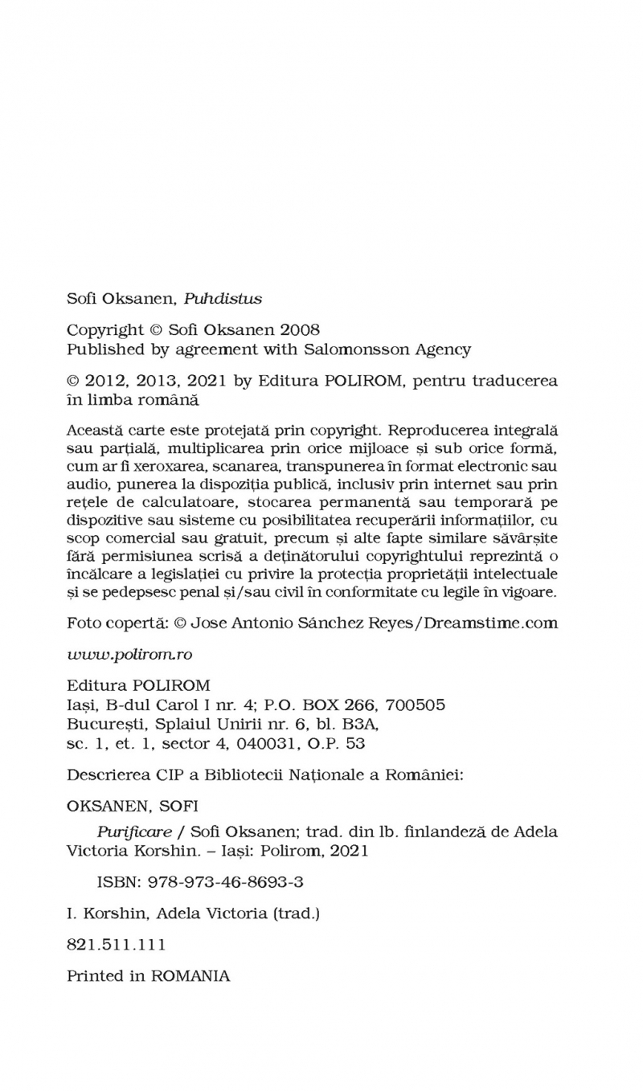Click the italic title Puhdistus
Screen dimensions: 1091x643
(x=223, y=299)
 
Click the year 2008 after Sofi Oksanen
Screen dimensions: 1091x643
(x=300, y=329)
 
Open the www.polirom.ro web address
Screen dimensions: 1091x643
(x=129, y=654)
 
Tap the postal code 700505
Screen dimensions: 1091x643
(x=415, y=705)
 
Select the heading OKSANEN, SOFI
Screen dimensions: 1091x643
(x=133, y=805)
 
